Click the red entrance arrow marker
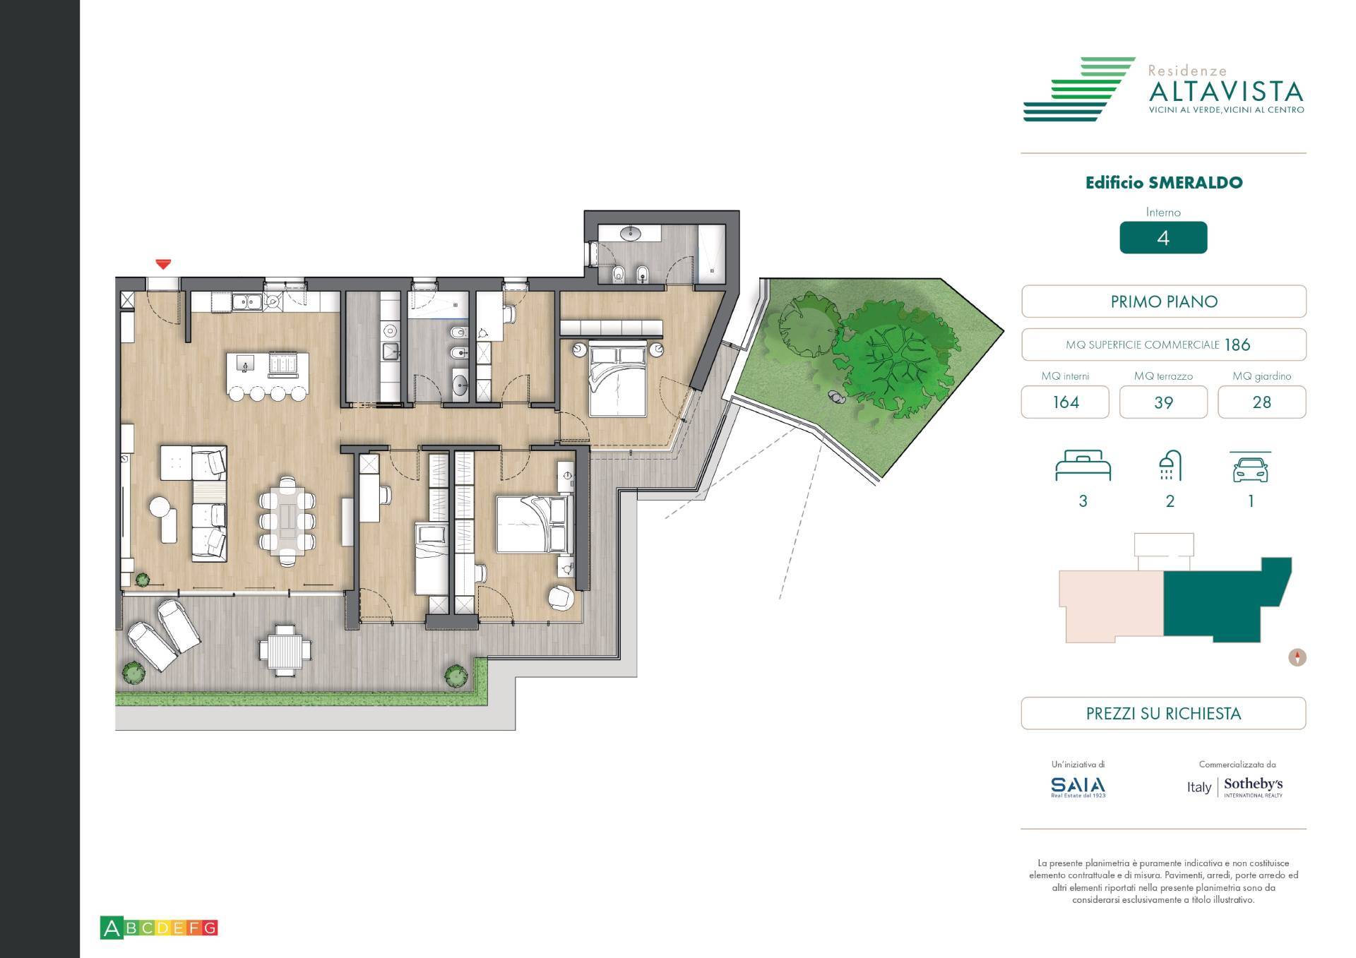pyautogui.click(x=163, y=265)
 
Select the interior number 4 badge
pyautogui.click(x=1162, y=238)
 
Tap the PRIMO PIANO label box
pyautogui.click(x=1163, y=301)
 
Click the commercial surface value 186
pyautogui.click(x=1237, y=345)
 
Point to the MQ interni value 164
pyautogui.click(x=1065, y=402)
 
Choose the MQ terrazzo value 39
pyautogui.click(x=1162, y=402)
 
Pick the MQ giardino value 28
pyautogui.click(x=1261, y=402)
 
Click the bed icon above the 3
pyautogui.click(x=1083, y=466)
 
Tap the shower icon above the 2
pyautogui.click(x=1170, y=465)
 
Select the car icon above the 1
pyautogui.click(x=1250, y=467)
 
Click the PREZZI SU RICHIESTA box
pyautogui.click(x=1162, y=713)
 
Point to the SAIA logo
pyautogui.click(x=1078, y=786)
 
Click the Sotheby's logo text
pyautogui.click(x=1253, y=784)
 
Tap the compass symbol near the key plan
pyautogui.click(x=1297, y=657)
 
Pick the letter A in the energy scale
pyautogui.click(x=112, y=928)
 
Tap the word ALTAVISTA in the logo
pyautogui.click(x=1225, y=91)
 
